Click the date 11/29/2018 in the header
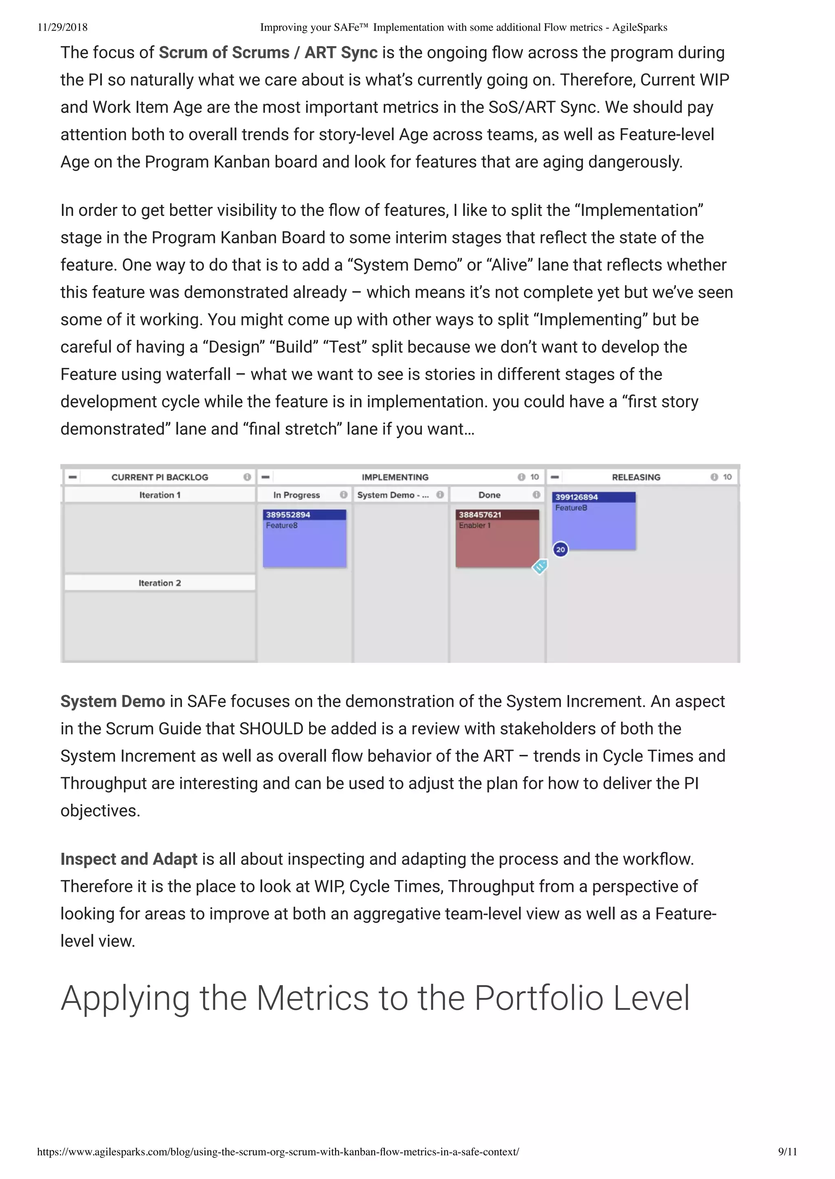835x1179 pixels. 62,27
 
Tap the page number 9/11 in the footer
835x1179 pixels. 787,1151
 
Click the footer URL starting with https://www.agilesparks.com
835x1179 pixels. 278,1151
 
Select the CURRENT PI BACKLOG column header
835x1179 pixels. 160,477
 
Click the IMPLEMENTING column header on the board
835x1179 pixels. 395,477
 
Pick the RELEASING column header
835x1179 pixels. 636,477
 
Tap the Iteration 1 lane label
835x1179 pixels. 160,495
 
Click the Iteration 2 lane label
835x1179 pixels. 160,583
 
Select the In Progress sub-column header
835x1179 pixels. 297,495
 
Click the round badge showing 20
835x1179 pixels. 561,549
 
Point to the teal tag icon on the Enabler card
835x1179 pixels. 539,567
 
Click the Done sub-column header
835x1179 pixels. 490,495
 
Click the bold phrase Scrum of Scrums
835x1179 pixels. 224,53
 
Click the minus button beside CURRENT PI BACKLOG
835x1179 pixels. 73,477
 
